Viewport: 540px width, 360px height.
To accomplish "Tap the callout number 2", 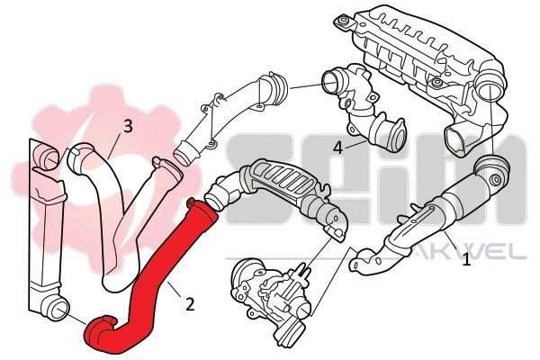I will (190, 304).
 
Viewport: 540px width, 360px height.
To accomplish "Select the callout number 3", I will (128, 127).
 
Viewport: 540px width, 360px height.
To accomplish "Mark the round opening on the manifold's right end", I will (491, 90).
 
